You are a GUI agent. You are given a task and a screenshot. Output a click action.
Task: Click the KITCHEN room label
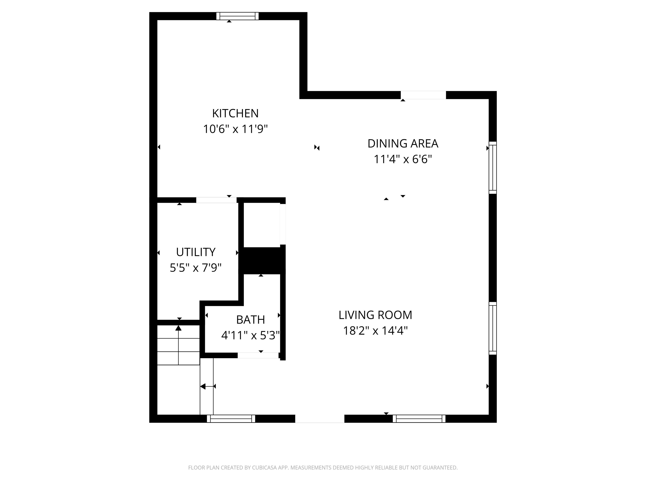(x=235, y=113)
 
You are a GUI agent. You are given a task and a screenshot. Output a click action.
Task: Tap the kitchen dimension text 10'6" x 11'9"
(x=235, y=129)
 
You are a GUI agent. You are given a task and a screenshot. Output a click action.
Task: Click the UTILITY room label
(x=196, y=252)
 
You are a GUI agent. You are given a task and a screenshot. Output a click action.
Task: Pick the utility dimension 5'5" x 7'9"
(x=196, y=268)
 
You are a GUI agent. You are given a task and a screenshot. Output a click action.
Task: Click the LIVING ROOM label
(x=375, y=315)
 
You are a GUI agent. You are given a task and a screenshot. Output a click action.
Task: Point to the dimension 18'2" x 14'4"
(x=375, y=331)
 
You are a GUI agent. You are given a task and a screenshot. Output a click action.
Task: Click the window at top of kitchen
(x=237, y=16)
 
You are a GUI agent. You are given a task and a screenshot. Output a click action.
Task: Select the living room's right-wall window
(x=493, y=328)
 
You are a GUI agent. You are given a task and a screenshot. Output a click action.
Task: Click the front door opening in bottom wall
(x=320, y=419)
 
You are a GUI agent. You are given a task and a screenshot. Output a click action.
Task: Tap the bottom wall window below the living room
(x=419, y=419)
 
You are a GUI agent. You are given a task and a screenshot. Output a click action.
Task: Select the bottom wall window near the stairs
(x=231, y=419)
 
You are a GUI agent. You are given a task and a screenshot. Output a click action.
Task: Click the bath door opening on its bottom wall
(x=258, y=355)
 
